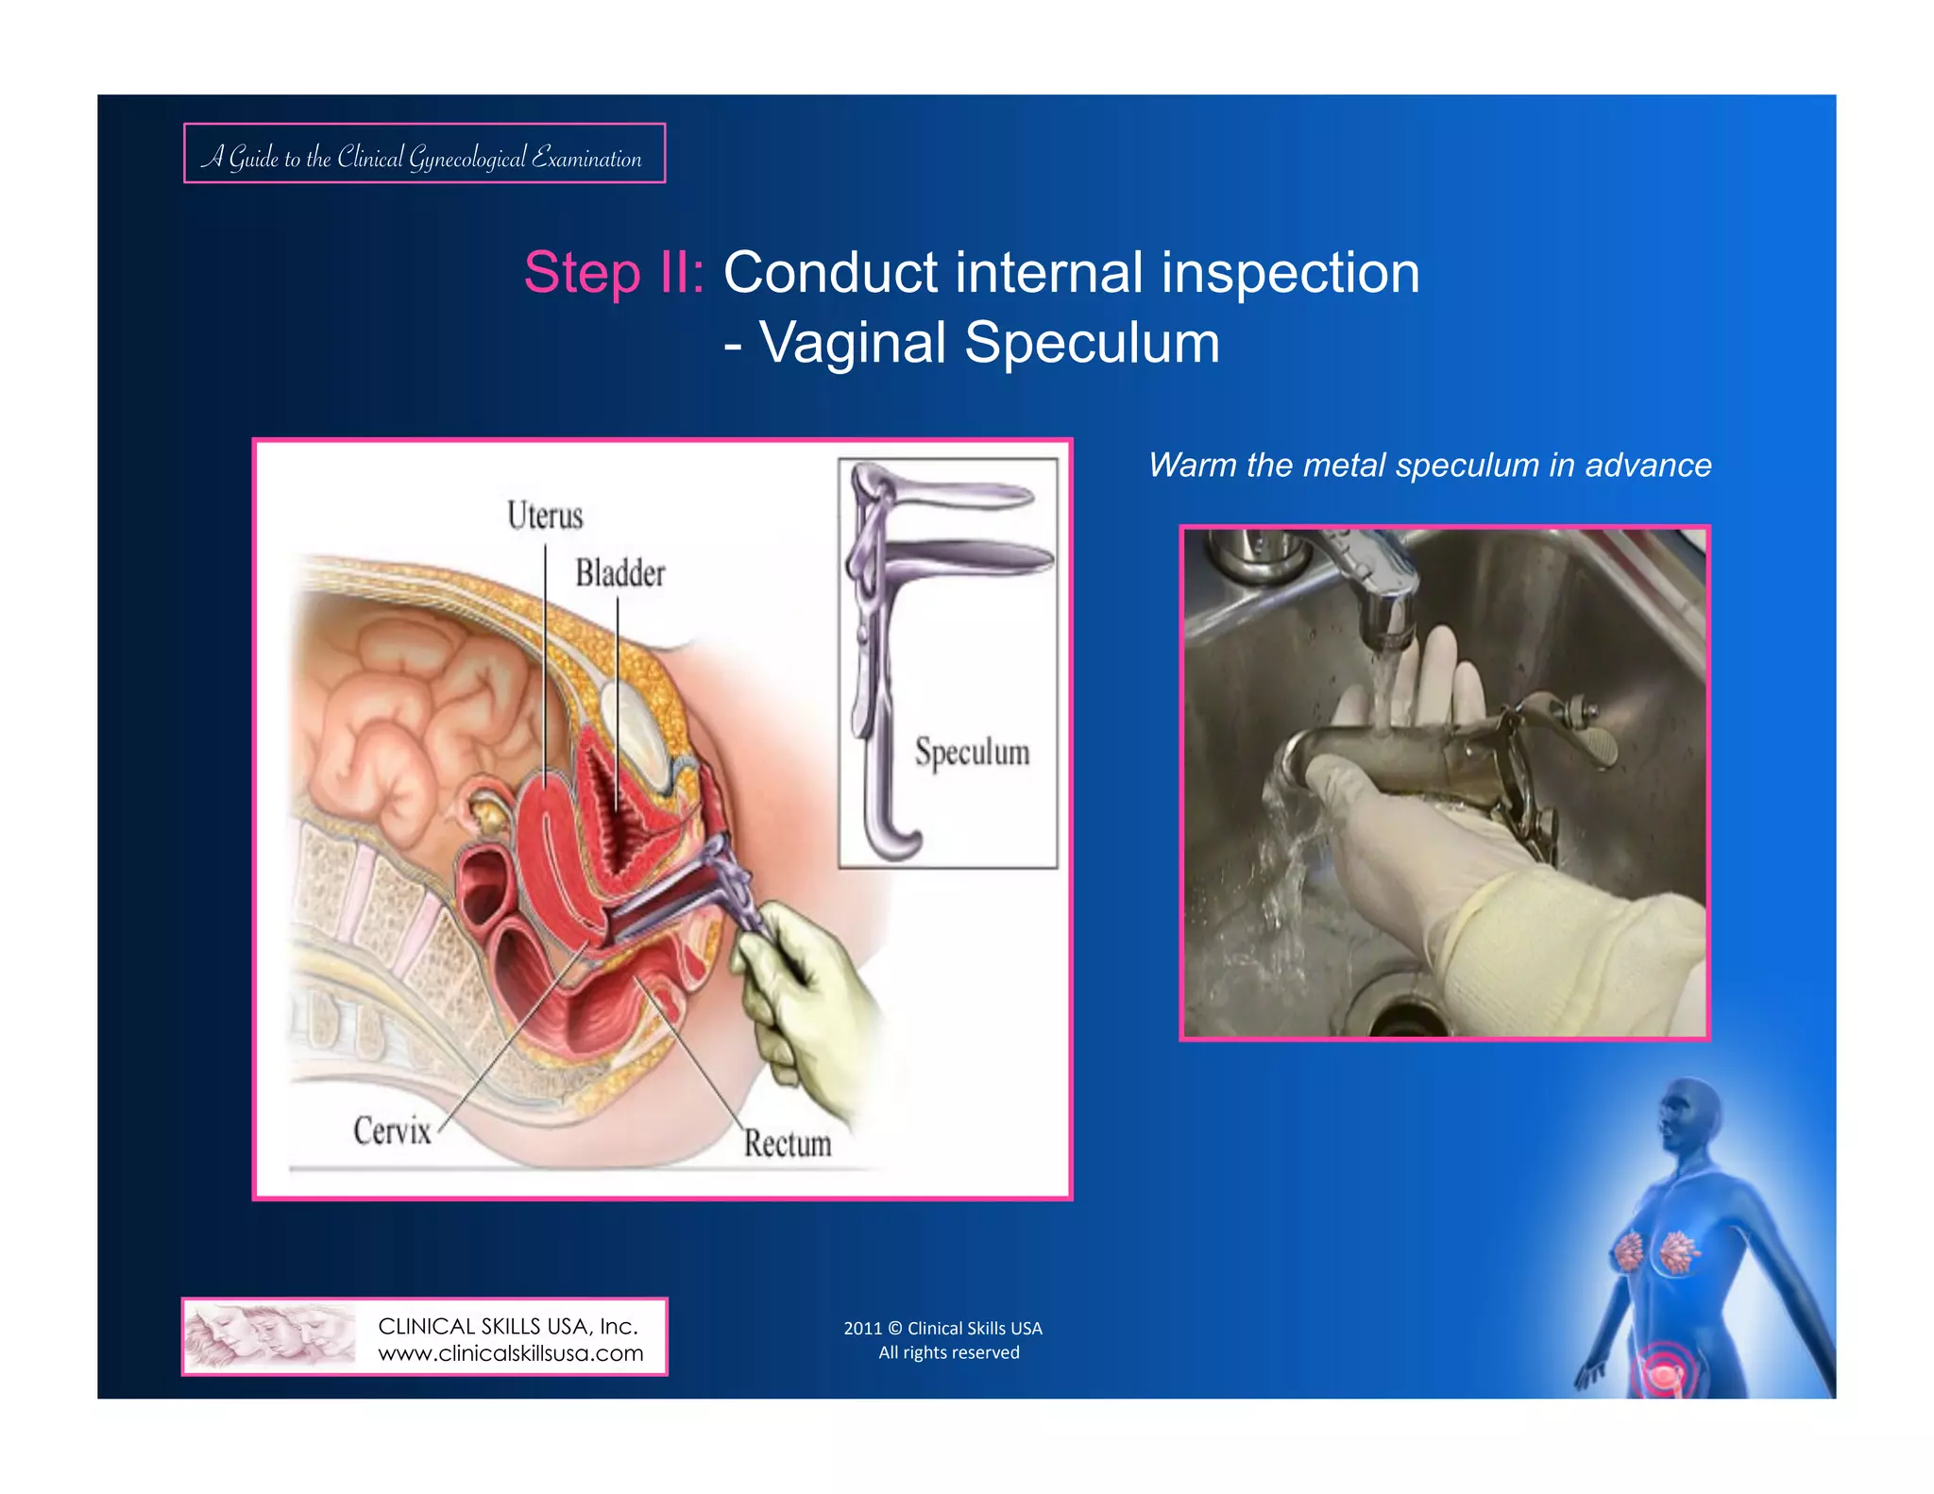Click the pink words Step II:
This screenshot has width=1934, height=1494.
click(x=614, y=273)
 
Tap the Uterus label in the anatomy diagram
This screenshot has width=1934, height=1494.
click(x=545, y=516)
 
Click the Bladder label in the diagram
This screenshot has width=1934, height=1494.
click(x=620, y=573)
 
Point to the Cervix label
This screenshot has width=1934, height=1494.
click(x=392, y=1130)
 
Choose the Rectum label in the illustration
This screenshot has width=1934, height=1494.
click(x=787, y=1144)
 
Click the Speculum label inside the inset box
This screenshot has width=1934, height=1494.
click(x=972, y=753)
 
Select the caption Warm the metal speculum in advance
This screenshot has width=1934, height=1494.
click(x=1429, y=466)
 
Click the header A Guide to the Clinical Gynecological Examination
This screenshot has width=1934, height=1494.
click(x=423, y=156)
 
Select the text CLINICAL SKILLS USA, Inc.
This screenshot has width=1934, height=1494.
click(x=508, y=1326)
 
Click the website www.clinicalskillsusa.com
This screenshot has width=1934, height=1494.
click(x=510, y=1353)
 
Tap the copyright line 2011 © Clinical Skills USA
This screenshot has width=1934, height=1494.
click(x=942, y=1328)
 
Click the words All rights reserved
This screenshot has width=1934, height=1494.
click(x=949, y=1352)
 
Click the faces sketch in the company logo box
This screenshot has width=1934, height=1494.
click(x=269, y=1336)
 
